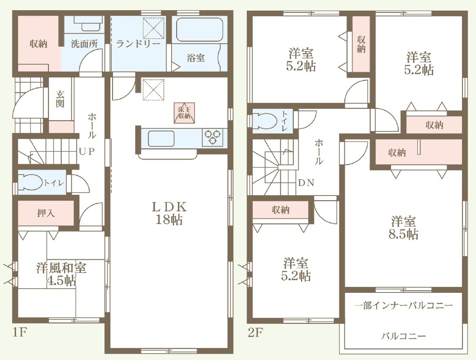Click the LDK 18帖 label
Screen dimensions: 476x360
click(169, 213)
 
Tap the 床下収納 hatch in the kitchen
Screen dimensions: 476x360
click(184, 113)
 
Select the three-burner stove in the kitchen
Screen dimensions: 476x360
click(212, 137)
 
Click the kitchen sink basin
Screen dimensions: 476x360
click(161, 139)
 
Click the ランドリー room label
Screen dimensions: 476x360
click(138, 44)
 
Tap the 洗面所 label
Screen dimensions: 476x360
click(84, 44)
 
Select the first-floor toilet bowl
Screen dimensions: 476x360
click(30, 182)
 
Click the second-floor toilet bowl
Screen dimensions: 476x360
click(265, 121)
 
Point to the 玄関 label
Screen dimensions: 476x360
click(60, 99)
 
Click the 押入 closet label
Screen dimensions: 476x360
click(46, 213)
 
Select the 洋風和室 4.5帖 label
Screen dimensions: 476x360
click(61, 274)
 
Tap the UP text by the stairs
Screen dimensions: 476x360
click(87, 151)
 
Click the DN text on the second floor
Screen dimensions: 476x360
click(306, 183)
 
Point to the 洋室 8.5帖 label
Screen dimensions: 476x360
click(403, 228)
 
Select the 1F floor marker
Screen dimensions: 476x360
click(20, 333)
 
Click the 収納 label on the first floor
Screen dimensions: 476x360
click(39, 44)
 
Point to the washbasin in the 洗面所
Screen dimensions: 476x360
click(88, 23)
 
